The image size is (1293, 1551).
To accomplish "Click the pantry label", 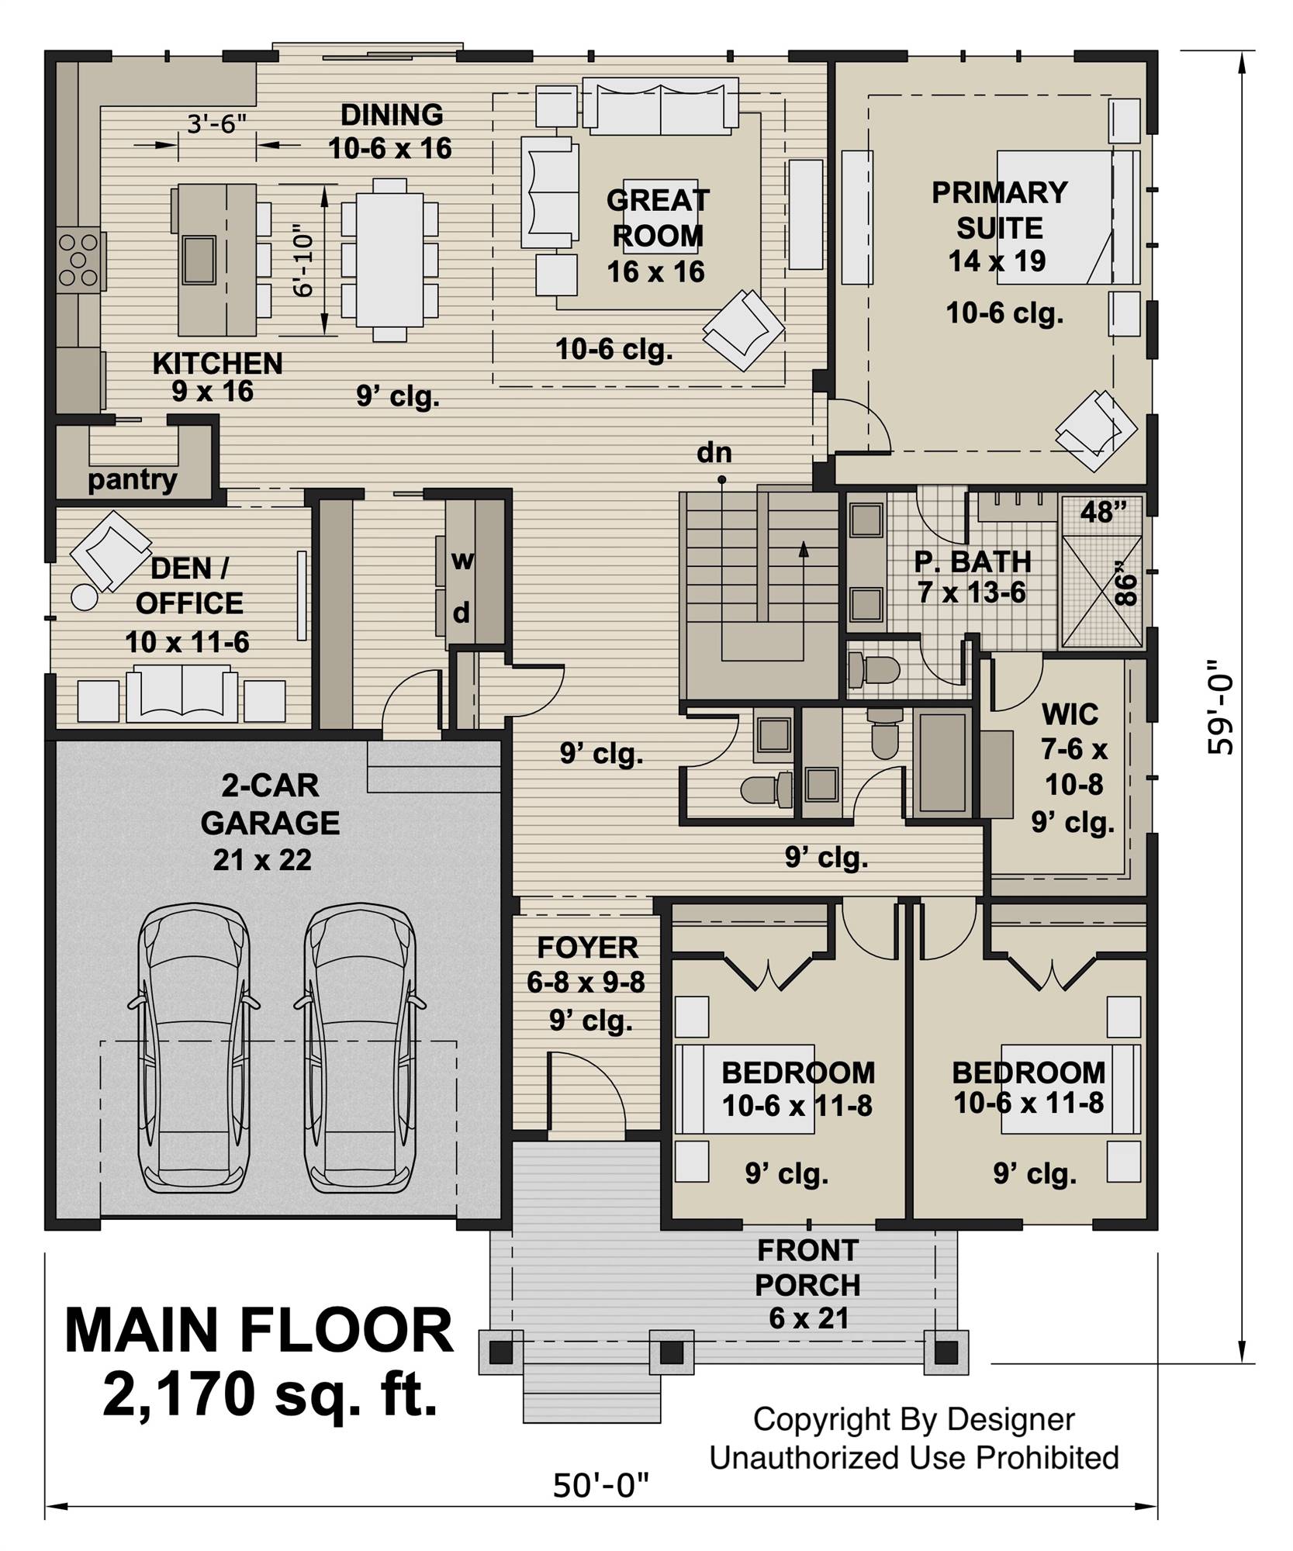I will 132,479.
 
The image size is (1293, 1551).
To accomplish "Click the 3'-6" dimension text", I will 216,123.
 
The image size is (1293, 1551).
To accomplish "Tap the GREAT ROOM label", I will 657,218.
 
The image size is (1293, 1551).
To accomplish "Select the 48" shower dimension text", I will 1102,512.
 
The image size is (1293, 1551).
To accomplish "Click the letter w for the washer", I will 462,559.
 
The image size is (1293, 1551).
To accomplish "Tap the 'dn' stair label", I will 714,452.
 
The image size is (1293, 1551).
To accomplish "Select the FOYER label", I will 587,948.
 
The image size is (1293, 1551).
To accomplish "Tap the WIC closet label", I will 1070,713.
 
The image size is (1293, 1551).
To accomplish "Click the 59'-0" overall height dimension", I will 1220,706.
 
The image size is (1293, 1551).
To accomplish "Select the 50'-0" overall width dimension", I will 600,1487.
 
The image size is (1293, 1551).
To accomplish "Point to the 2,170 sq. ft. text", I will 270,1394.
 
